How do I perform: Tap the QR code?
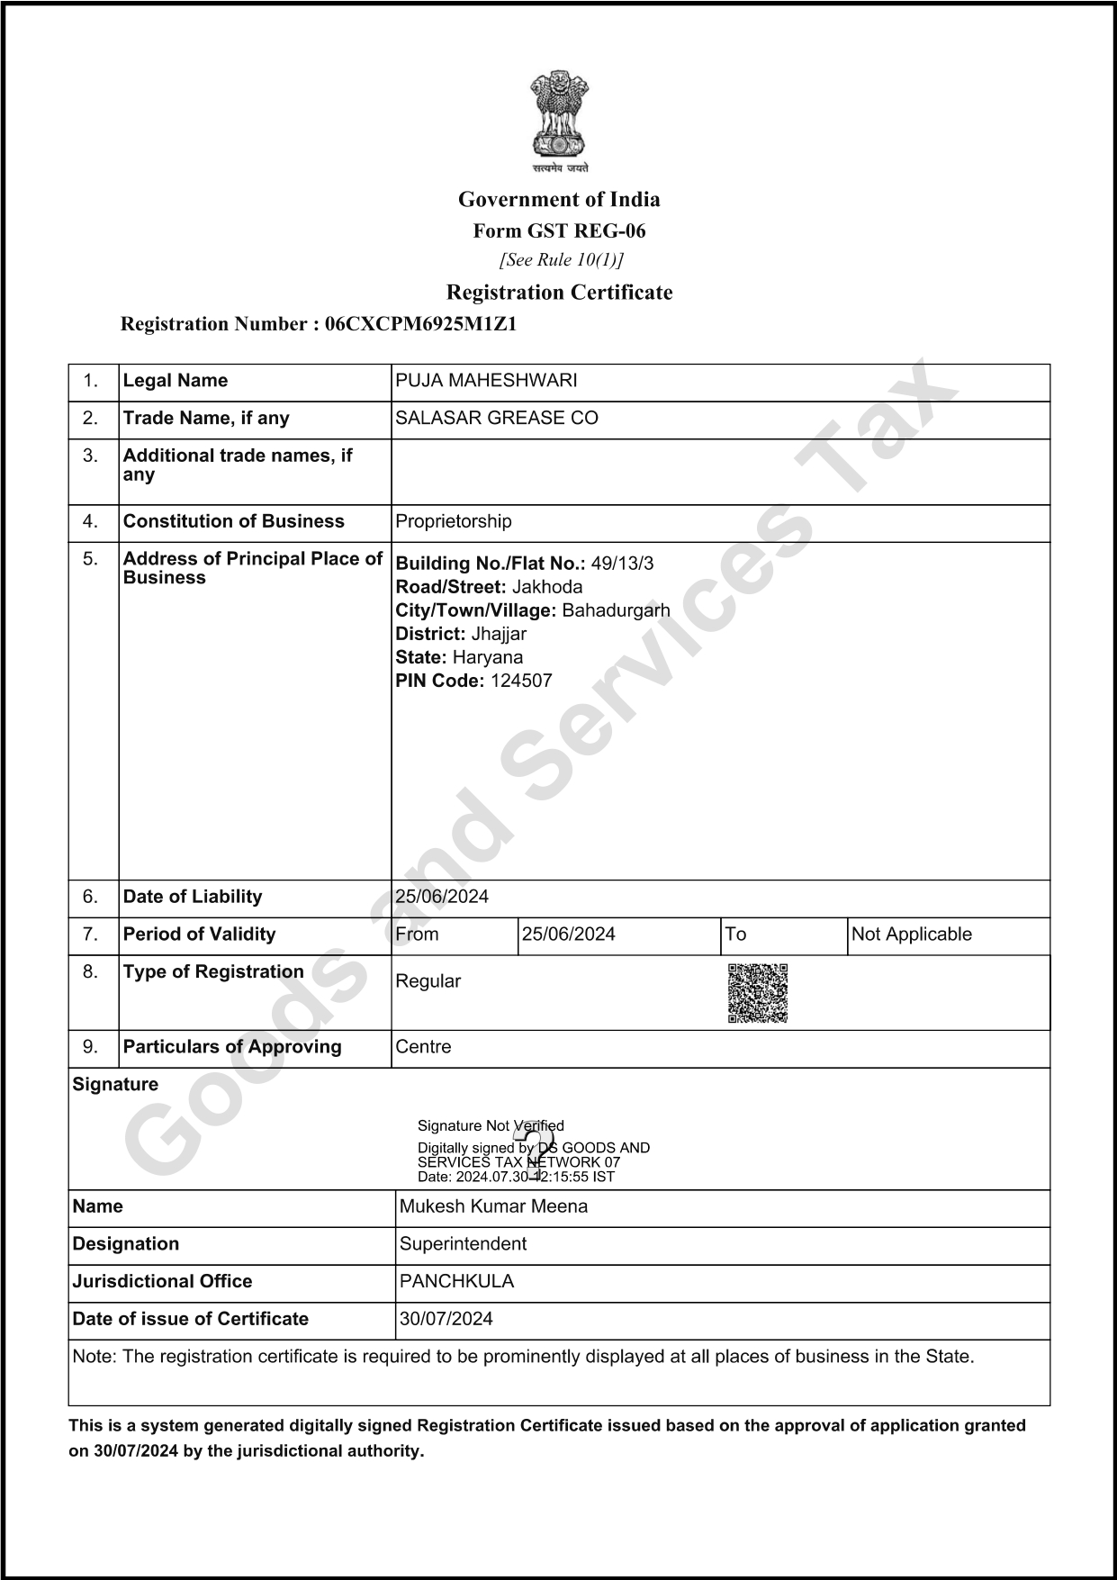tap(757, 993)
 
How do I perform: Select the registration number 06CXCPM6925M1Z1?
tap(420, 324)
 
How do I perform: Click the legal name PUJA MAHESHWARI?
tap(486, 381)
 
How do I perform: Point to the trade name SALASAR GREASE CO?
tap(497, 419)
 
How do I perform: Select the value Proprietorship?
tap(454, 522)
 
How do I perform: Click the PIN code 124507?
tap(521, 682)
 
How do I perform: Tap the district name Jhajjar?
tap(499, 635)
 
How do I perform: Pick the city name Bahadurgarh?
tap(616, 611)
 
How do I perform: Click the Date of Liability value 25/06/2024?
tap(442, 897)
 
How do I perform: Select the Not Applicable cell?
tap(911, 934)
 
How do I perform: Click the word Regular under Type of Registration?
tap(428, 981)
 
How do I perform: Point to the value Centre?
tap(423, 1047)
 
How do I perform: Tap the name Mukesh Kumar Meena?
tap(493, 1207)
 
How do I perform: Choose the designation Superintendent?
tap(463, 1244)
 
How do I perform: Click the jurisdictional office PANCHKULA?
tap(456, 1282)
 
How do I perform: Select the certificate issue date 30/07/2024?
tap(446, 1320)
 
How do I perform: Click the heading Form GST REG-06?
tap(559, 231)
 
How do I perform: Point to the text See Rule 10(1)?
tap(561, 260)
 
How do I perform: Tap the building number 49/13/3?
tap(622, 564)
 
